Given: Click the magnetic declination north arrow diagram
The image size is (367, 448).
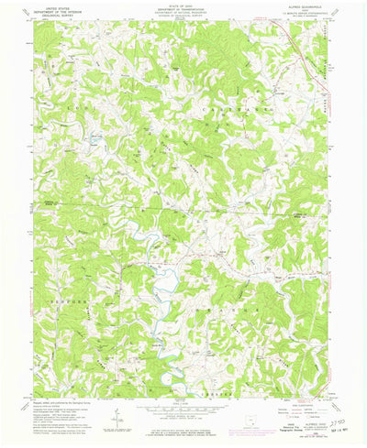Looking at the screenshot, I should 117,419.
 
